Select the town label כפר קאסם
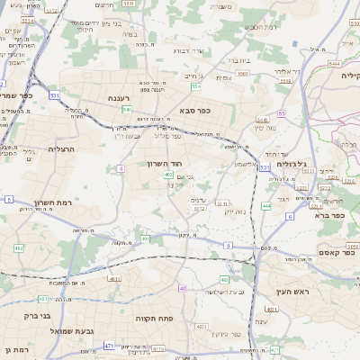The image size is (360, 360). (310, 252)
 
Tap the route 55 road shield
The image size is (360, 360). (282, 113)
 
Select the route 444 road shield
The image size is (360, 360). (266, 206)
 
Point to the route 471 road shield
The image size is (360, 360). (109, 345)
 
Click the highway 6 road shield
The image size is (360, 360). (290, 217)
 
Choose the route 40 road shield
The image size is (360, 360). (183, 288)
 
